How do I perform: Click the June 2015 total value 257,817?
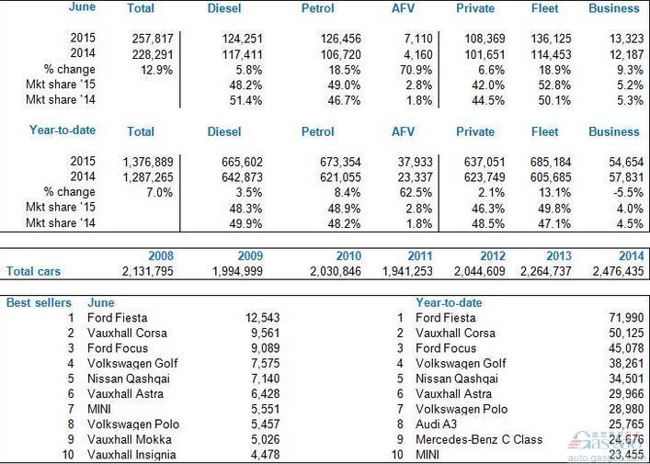[153, 39]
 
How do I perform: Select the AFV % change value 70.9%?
[416, 70]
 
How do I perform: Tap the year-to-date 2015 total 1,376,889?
[148, 162]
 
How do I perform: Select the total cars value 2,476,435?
[618, 271]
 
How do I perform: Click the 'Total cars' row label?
[33, 271]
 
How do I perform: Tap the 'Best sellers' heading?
[39, 302]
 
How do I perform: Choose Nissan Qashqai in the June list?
[129, 379]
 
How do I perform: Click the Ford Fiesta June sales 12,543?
[262, 318]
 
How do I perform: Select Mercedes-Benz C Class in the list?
[479, 439]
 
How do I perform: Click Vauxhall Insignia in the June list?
[131, 455]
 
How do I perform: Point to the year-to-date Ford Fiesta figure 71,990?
[626, 318]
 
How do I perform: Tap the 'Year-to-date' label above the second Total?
[63, 130]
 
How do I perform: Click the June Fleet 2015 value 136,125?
[551, 39]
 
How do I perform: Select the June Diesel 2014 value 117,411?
[242, 54]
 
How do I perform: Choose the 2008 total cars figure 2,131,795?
[148, 271]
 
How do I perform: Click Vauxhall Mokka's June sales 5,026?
[266, 439]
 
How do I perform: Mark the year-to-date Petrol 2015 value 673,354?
[340, 162]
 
